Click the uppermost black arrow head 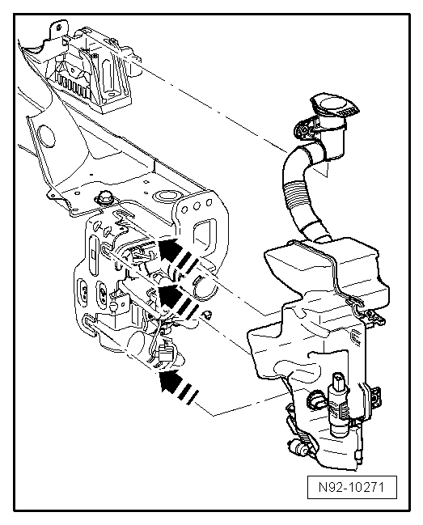[168, 247]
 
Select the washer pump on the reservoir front [338, 396]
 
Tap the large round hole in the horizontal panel [167, 195]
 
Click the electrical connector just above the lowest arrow [169, 354]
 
